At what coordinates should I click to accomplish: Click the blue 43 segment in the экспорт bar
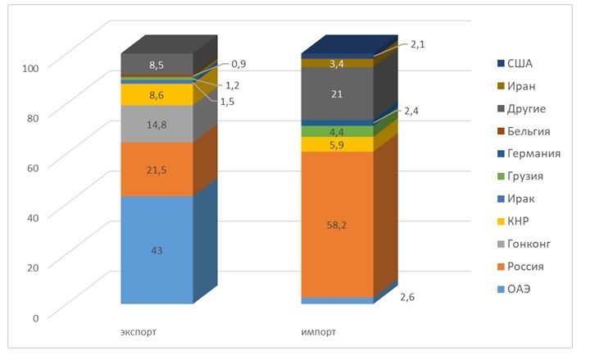157,250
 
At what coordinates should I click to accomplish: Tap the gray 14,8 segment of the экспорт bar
157,124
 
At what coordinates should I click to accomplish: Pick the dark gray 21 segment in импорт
337,94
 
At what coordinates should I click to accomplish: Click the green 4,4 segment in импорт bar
337,131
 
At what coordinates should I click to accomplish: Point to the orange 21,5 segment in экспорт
157,169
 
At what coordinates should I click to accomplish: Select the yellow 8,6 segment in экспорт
157,95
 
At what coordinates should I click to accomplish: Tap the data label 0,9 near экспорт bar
239,64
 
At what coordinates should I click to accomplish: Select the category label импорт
319,332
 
